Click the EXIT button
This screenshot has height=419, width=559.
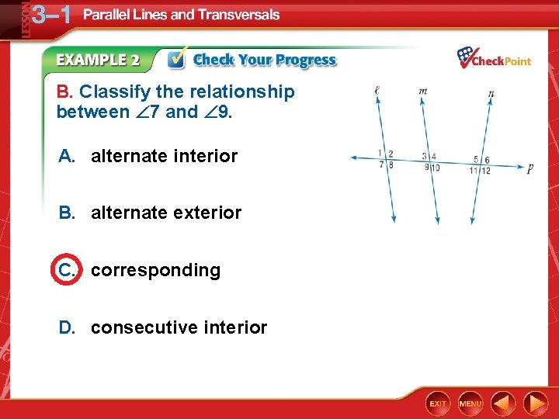439,403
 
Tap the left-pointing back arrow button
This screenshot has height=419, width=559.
504,403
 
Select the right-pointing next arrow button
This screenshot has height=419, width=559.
536,403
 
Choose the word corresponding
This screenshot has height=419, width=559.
155,270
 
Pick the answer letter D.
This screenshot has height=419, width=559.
67,327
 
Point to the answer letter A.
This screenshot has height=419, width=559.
67,156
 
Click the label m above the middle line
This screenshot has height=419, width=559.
423,91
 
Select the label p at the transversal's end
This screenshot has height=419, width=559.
529,168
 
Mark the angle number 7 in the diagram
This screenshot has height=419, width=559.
381,164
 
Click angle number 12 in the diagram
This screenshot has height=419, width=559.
486,171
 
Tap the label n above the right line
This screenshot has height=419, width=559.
491,94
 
